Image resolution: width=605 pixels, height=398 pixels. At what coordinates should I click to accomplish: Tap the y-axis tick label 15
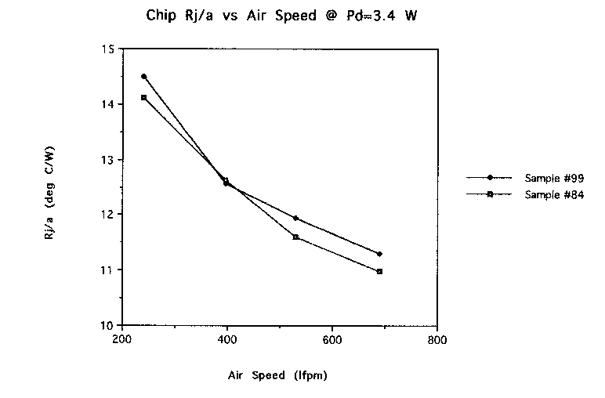click(x=107, y=49)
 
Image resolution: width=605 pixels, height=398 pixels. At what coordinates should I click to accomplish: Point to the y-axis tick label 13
click(x=107, y=160)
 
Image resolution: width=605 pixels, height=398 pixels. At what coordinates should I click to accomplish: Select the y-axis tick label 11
click(x=107, y=270)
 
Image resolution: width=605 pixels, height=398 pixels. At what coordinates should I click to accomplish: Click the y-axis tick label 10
click(x=107, y=325)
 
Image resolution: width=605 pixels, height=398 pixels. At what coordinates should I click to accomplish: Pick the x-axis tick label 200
click(x=121, y=341)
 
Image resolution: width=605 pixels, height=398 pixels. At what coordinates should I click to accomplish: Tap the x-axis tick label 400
click(x=227, y=341)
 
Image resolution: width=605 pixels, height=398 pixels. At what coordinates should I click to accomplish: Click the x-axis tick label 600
click(x=332, y=341)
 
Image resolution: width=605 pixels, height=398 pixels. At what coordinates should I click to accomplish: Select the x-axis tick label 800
click(x=437, y=341)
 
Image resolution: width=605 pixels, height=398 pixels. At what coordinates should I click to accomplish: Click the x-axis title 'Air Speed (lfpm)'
click(x=277, y=374)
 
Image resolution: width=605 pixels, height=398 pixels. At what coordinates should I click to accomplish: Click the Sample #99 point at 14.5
click(x=143, y=77)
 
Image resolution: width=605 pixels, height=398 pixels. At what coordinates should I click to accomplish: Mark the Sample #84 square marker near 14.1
click(x=143, y=97)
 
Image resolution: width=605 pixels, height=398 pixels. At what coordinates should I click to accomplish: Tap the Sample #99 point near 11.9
click(x=295, y=218)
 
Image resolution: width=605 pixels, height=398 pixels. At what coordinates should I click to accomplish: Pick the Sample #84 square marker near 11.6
click(x=295, y=237)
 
